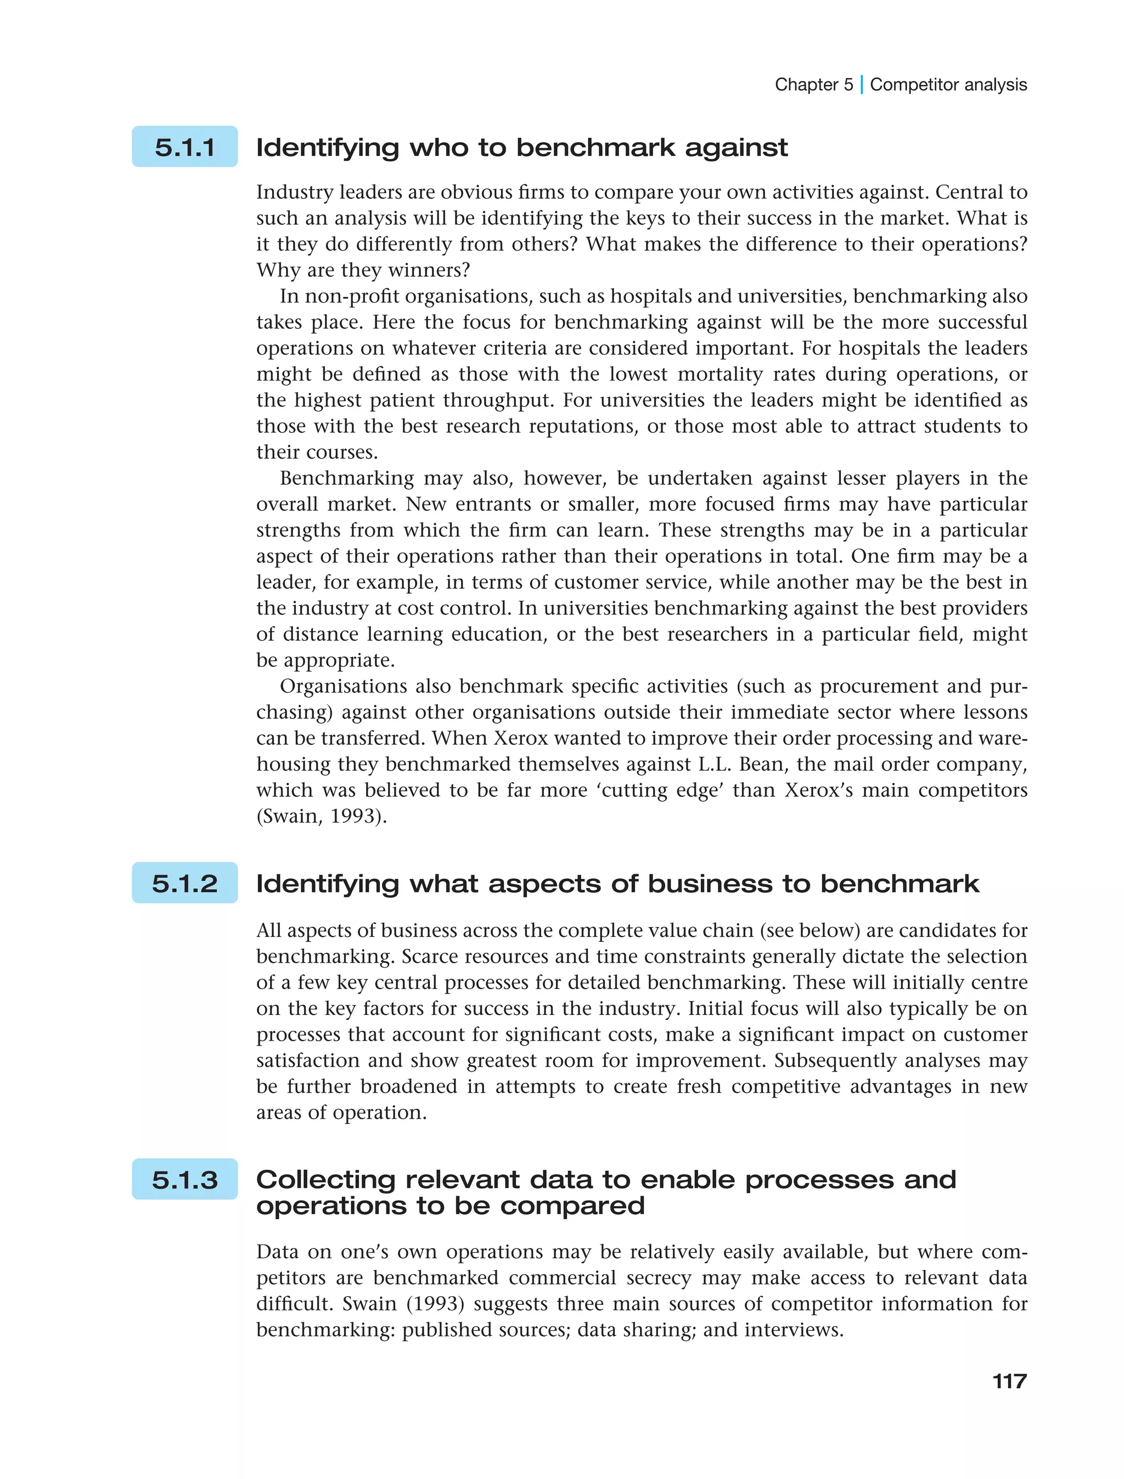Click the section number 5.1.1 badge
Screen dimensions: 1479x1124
click(184, 147)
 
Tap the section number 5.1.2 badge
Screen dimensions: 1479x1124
click(184, 883)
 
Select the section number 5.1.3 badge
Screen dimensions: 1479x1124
click(184, 1179)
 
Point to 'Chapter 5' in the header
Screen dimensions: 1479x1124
click(813, 85)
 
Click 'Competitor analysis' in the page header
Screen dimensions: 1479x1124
click(948, 85)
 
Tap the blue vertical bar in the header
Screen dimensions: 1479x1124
click(862, 85)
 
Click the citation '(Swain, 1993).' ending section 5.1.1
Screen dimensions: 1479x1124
click(321, 816)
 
